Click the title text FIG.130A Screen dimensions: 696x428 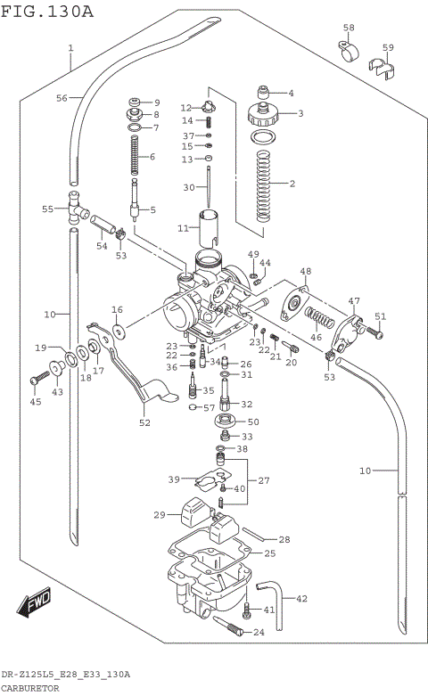pos(46,11)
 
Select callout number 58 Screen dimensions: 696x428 pos(349,28)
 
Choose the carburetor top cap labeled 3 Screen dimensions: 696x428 pos(263,114)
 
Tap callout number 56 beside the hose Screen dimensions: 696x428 pos(62,98)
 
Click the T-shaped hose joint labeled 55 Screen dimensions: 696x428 pos(72,207)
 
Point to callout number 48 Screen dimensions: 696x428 pos(305,271)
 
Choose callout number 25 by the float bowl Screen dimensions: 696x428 pos(268,553)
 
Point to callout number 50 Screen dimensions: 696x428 pos(253,422)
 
